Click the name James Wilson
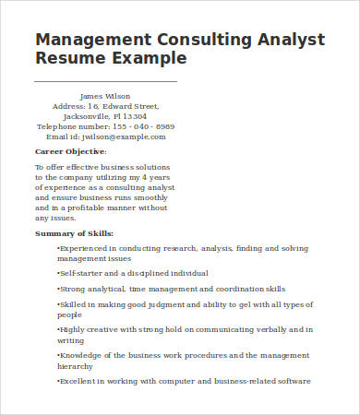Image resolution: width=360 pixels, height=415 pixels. [105, 96]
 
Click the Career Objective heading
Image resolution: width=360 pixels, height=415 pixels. [70, 151]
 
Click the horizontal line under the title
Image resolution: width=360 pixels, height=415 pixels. [105, 82]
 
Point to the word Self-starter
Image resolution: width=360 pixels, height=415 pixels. [81, 273]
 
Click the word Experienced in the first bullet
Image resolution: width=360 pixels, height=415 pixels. [86, 248]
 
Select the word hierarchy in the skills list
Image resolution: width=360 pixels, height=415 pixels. [76, 365]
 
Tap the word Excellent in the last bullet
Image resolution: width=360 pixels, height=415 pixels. [79, 381]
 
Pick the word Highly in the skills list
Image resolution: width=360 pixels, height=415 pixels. [73, 329]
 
